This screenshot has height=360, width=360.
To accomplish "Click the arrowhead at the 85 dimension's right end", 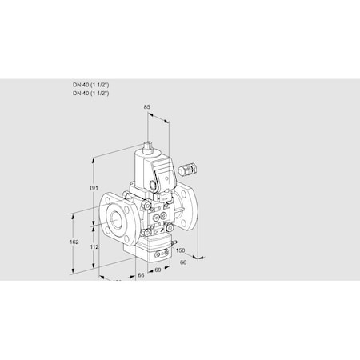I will [x=168, y=122].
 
